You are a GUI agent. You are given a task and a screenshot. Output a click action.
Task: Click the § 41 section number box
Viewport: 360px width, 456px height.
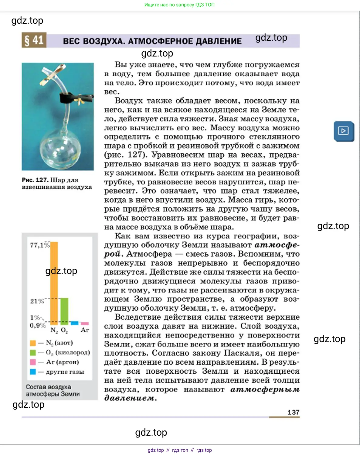point(34,40)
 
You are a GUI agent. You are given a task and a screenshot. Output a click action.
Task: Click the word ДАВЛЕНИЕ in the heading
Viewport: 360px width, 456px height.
point(219,41)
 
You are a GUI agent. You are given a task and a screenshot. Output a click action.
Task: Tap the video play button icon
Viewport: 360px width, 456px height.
point(344,131)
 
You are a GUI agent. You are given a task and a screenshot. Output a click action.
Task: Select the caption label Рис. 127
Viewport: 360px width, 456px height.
point(35,180)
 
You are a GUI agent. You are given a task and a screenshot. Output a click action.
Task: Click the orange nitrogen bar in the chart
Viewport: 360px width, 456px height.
point(54,283)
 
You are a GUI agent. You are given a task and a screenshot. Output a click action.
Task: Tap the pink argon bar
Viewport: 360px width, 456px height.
point(85,324)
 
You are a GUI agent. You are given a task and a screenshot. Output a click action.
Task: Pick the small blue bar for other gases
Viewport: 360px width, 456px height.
point(74,323)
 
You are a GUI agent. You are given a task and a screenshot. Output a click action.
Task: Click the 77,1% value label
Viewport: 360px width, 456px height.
point(39,245)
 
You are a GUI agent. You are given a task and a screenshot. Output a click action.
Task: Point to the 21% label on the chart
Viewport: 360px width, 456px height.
point(37,301)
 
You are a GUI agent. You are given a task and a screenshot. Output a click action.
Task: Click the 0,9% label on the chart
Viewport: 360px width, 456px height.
point(37,326)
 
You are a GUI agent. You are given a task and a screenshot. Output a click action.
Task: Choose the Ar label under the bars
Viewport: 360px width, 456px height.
point(85,330)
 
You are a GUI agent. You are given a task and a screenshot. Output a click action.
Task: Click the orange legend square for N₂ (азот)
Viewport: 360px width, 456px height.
point(33,343)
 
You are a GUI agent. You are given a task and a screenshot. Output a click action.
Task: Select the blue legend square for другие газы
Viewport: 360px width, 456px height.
point(33,372)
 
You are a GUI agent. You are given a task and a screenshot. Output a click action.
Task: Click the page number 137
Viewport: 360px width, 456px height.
point(293,412)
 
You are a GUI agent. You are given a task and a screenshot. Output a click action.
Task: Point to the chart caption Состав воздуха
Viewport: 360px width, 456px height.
point(48,387)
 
